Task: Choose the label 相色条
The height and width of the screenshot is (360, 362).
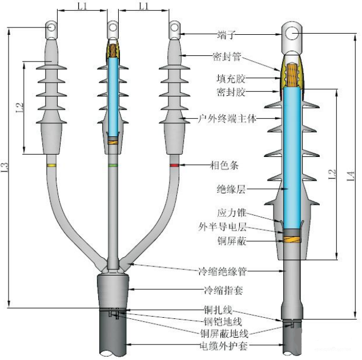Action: tap(224, 165)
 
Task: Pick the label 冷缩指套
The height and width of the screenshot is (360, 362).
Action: tap(224, 290)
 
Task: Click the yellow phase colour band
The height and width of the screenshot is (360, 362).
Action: tap(52, 165)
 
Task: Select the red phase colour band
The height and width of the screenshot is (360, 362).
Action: tap(174, 165)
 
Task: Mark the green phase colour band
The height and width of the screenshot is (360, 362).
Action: tap(113, 165)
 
